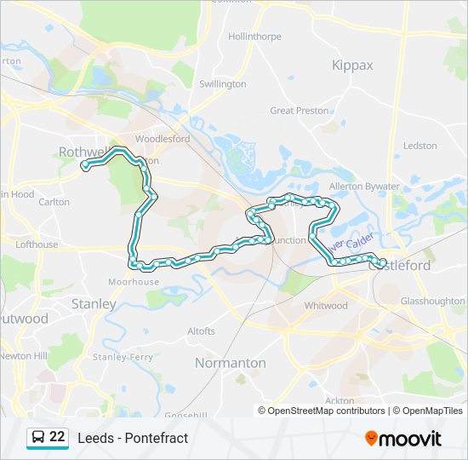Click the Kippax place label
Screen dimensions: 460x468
[x=352, y=65]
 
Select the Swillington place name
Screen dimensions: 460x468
[x=222, y=84]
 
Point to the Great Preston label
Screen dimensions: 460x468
[x=294, y=111]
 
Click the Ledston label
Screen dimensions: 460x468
[x=419, y=146]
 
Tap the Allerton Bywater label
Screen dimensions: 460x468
[x=363, y=186]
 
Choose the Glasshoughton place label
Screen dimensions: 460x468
[x=432, y=301]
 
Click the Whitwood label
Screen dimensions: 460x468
[x=326, y=305]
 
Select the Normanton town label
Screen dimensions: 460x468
[x=230, y=363]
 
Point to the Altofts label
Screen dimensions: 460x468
[x=202, y=331]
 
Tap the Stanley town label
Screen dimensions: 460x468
[x=94, y=303]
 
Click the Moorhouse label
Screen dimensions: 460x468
[x=134, y=282]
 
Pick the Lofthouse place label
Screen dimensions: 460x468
[x=37, y=244]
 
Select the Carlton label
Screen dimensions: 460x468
[x=54, y=202]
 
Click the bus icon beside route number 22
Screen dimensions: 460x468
[x=38, y=438]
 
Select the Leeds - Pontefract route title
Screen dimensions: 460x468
[x=133, y=438]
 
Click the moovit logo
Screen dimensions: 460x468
[x=403, y=439]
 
